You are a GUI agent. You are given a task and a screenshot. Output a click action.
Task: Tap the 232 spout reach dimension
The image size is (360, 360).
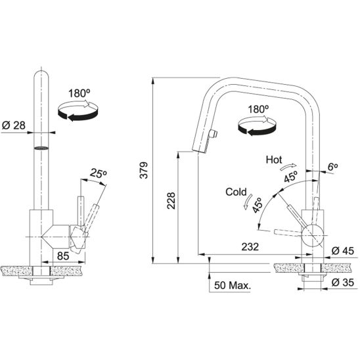249,248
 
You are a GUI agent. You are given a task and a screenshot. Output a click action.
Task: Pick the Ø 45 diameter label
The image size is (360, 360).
343,250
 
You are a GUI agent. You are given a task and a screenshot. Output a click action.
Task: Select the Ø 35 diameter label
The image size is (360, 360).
343,282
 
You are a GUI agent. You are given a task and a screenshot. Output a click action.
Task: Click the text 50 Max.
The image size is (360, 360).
235,286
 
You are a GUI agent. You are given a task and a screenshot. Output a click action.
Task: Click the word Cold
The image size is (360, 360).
236,192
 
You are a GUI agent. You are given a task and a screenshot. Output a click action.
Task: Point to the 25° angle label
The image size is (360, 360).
98,173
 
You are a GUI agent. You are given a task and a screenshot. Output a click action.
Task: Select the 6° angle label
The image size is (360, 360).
332,168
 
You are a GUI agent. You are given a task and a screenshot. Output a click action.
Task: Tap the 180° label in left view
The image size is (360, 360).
78,93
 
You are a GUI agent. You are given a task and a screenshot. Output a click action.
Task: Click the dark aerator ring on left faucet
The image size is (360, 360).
41,148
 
